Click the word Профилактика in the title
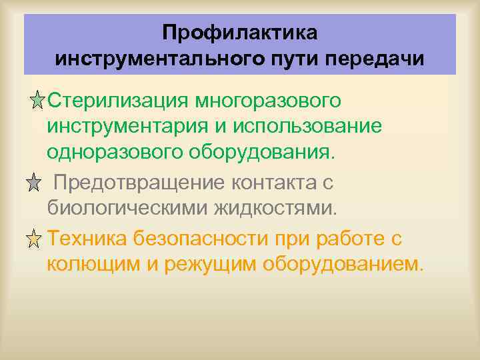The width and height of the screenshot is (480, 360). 240,32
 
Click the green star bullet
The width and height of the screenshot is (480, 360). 38,101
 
